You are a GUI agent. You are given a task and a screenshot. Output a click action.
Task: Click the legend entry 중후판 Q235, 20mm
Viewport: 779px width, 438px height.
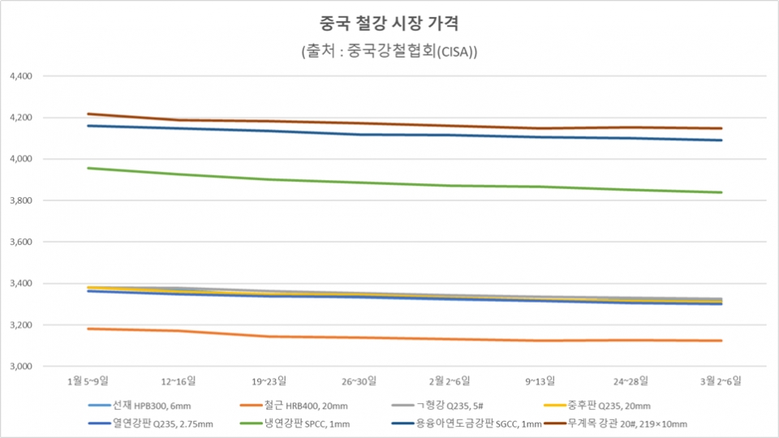click(609, 406)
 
